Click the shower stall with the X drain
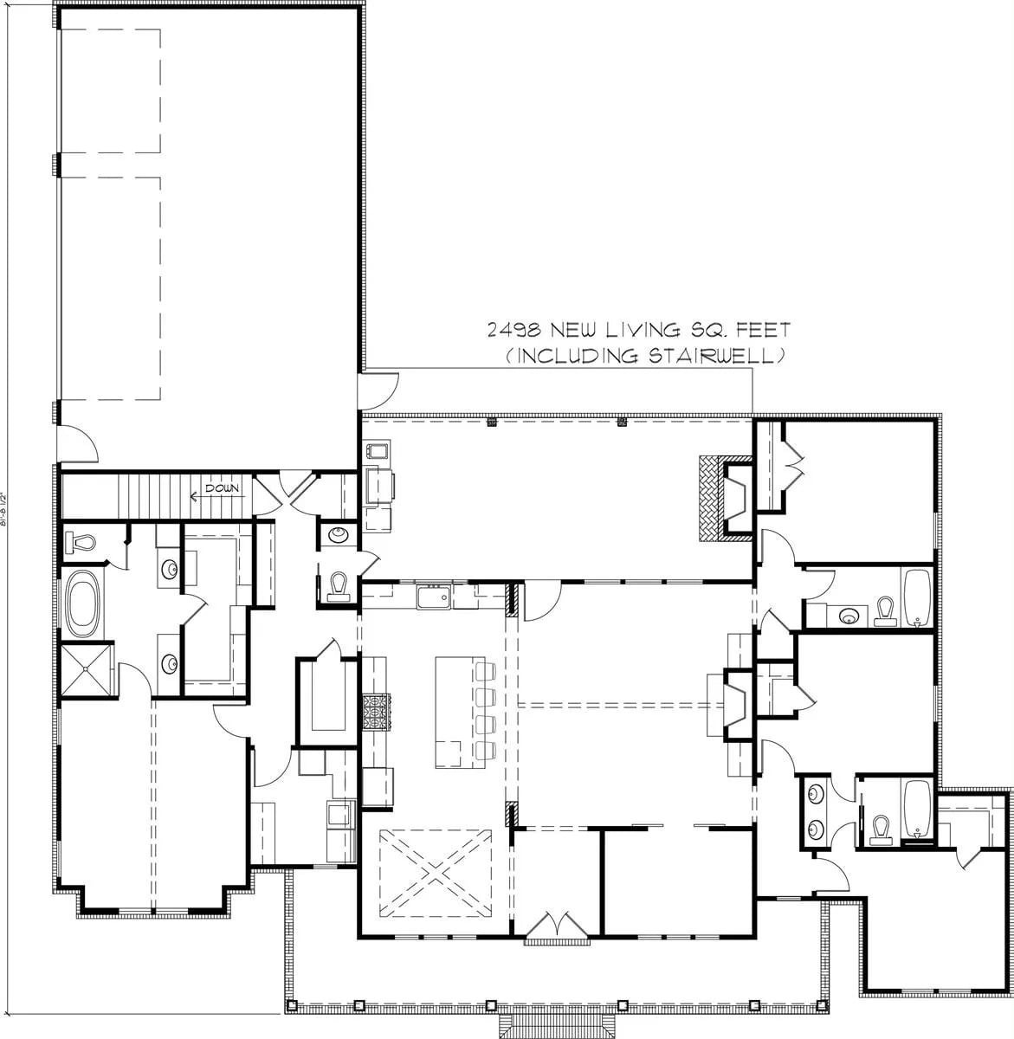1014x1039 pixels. pos(86,669)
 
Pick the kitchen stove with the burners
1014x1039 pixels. pos(377,711)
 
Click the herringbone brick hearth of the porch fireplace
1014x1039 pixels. pos(711,500)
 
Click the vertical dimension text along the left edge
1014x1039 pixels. pos(8,519)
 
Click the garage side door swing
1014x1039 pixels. pos(77,443)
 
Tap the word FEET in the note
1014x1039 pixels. pos(763,331)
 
